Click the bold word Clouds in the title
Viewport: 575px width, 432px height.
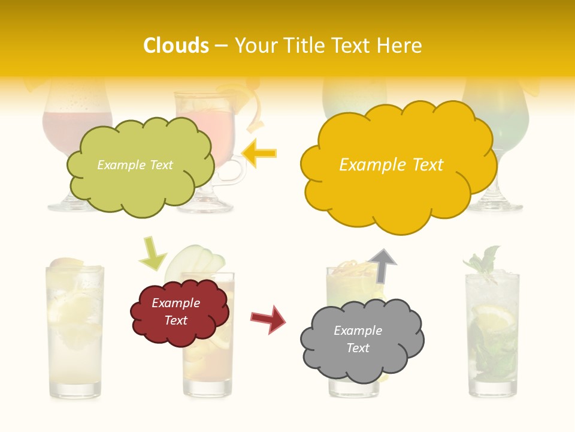click(x=176, y=46)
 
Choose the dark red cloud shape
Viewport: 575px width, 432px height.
click(x=178, y=312)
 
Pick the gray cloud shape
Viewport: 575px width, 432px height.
click(x=361, y=340)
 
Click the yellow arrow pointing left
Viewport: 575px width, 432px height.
click(x=259, y=153)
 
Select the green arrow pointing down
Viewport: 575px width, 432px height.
click(x=152, y=253)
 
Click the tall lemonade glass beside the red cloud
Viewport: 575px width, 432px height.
click(x=74, y=330)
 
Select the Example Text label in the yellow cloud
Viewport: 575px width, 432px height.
click(x=391, y=165)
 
